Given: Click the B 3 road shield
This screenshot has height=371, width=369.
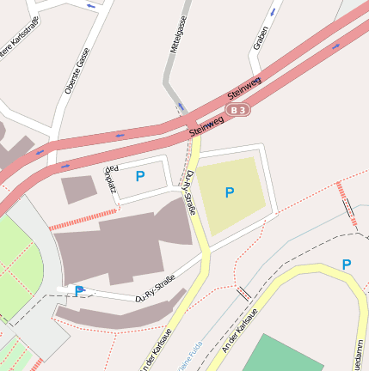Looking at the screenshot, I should coord(238,110).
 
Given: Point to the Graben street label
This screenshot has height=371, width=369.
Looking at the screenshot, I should coord(261,38).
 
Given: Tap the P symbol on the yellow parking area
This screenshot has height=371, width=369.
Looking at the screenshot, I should coord(230,192).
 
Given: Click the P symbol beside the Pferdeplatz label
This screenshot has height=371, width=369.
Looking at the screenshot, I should coord(140,176).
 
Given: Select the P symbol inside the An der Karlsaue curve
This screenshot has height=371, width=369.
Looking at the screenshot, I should coord(347,265).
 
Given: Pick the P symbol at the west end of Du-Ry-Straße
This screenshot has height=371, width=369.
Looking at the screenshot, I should coord(79,291).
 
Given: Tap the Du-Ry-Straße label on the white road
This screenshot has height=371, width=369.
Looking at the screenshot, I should coord(156,289).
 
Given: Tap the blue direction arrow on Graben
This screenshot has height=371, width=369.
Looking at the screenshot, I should coord(274,12).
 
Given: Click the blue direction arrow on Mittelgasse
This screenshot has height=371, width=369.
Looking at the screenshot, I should coord(181,106).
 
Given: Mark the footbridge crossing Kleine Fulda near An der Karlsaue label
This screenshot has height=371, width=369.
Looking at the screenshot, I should coord(244,294).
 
